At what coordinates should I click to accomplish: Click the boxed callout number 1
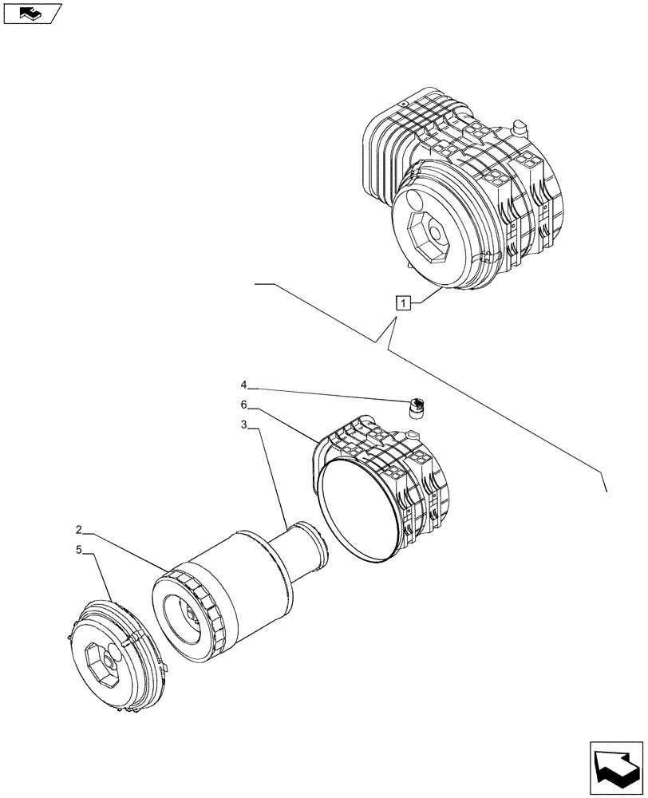pos(405,302)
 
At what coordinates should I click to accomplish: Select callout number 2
pos(80,530)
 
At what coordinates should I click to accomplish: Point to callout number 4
pos(244,384)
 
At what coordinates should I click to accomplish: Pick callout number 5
pos(80,549)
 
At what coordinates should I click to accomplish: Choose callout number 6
pos(244,405)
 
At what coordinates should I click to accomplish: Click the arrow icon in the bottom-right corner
pos(616,769)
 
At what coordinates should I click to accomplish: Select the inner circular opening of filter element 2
pos(184,618)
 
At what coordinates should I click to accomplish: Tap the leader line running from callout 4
pos(327,393)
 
